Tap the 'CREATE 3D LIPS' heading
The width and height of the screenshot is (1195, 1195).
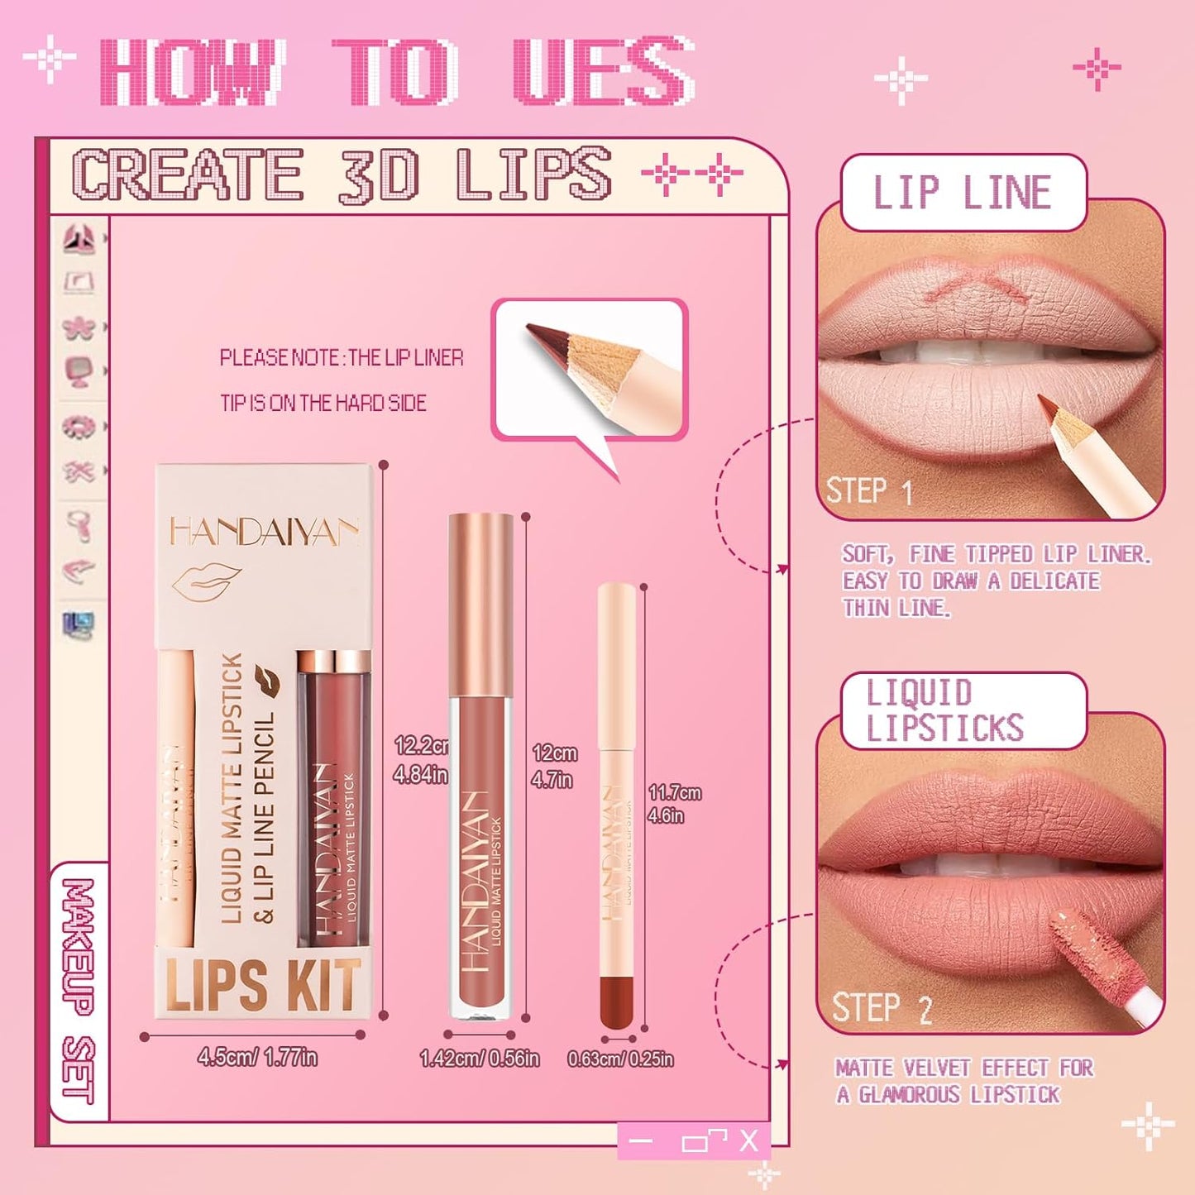tap(342, 175)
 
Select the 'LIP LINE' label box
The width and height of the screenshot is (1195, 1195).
tap(963, 193)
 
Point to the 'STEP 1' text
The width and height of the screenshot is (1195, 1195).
tap(869, 491)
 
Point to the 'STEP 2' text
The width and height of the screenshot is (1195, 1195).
tap(882, 1008)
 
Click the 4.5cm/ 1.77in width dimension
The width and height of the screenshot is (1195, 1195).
tap(257, 1057)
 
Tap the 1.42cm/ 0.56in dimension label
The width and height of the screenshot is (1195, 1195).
tap(480, 1059)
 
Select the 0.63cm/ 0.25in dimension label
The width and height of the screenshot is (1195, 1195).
tap(620, 1059)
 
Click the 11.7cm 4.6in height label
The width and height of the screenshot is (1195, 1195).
tap(673, 804)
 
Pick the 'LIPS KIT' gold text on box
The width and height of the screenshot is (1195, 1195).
tap(263, 985)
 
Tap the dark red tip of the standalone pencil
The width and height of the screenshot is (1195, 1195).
tap(617, 1001)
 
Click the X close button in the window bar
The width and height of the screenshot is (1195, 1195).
tap(748, 1142)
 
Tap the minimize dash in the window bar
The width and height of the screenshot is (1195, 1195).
tap(640, 1142)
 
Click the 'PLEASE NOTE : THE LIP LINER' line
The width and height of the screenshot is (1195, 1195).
tap(342, 358)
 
